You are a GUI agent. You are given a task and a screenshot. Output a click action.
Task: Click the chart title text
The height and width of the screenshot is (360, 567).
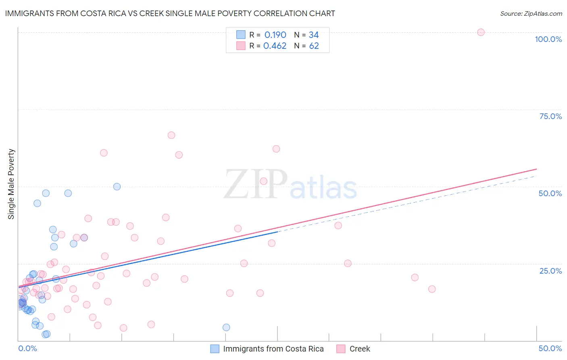[x=170, y=13]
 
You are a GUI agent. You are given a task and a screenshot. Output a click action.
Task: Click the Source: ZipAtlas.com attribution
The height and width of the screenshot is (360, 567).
[x=531, y=13]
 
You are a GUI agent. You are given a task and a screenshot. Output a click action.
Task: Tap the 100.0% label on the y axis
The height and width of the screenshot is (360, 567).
[x=548, y=39]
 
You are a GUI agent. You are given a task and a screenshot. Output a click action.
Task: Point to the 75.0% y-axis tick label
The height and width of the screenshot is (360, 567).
[x=550, y=116]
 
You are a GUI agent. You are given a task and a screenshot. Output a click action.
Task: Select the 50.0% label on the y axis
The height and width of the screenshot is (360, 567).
[x=550, y=193]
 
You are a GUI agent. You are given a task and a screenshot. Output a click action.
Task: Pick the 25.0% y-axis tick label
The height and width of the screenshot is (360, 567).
[x=550, y=270]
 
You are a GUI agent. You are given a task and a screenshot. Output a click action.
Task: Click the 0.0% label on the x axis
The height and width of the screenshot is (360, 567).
[x=27, y=348]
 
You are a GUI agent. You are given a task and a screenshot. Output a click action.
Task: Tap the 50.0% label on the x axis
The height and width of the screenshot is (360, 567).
[x=550, y=348]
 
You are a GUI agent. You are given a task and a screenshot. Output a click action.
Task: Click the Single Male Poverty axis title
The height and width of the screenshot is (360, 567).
[x=11, y=184]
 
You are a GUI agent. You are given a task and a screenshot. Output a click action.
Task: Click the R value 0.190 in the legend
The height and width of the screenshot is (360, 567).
[x=275, y=35]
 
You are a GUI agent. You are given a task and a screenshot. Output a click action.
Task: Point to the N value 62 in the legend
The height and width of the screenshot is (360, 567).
[x=314, y=46]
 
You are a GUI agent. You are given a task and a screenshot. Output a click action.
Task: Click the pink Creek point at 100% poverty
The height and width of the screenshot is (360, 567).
[x=481, y=32]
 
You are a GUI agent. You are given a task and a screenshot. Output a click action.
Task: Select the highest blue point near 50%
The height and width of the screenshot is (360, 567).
[x=117, y=186]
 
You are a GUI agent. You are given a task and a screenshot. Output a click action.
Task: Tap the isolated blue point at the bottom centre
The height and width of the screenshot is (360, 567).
[x=226, y=327]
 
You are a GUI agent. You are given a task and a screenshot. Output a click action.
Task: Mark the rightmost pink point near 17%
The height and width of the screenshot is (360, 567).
[x=432, y=289]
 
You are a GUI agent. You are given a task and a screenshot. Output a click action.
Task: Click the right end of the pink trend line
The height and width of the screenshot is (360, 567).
[x=536, y=169]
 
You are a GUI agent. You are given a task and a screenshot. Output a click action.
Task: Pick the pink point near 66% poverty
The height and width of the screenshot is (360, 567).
[x=171, y=135]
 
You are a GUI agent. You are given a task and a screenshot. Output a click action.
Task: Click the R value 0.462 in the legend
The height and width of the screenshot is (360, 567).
[x=275, y=46]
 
